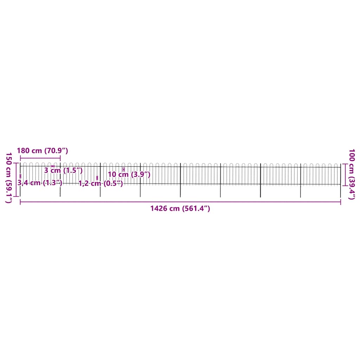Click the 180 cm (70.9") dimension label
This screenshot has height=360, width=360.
[43, 150]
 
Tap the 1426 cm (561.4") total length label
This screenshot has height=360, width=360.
[180, 208]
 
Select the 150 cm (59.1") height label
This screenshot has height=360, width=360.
[9, 178]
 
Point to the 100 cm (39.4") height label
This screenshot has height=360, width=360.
[352, 174]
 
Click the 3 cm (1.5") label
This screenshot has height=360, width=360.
[63, 171]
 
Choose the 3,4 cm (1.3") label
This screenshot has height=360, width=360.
[40, 183]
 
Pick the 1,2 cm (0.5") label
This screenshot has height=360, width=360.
[101, 184]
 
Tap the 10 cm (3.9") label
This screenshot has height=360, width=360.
[129, 174]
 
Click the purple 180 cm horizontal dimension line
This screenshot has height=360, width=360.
[40, 158]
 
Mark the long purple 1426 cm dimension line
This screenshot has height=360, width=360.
[180, 202]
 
